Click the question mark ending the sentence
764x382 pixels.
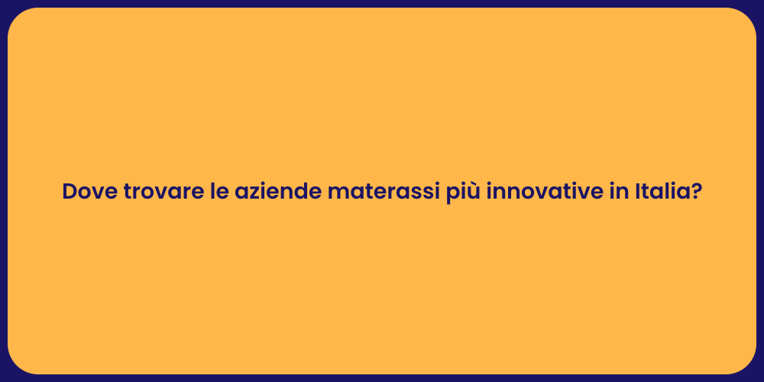696,192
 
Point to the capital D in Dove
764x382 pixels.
70,192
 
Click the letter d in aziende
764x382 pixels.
300,192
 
